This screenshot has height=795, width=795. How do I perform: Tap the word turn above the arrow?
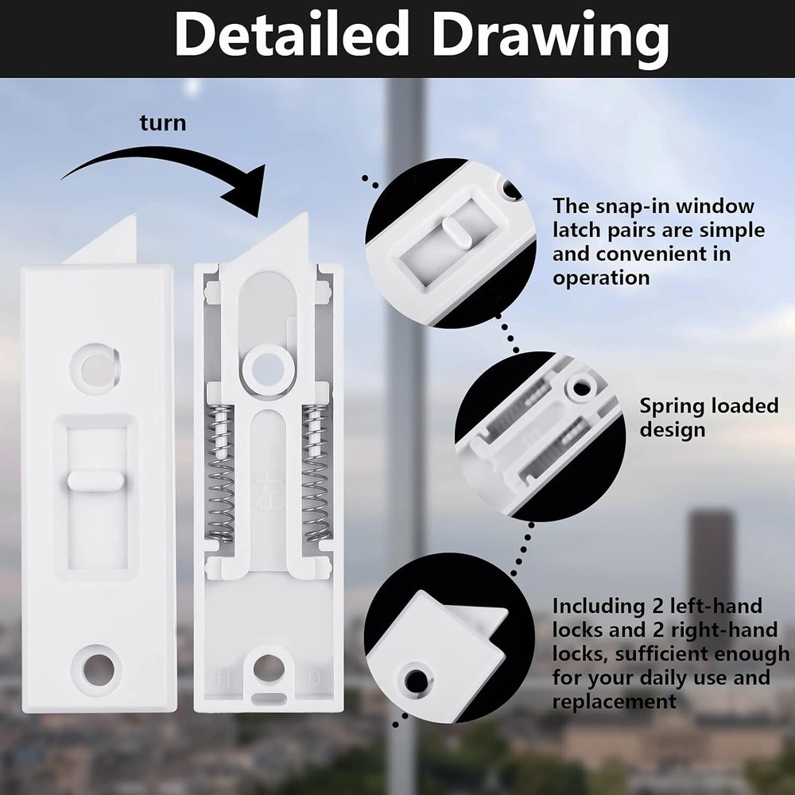[163, 123]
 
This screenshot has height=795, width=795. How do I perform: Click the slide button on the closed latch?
[94, 480]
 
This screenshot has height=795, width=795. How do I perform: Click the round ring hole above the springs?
[267, 367]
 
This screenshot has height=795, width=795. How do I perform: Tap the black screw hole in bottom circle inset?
[415, 680]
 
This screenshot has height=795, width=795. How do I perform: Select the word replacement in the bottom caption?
[615, 701]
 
